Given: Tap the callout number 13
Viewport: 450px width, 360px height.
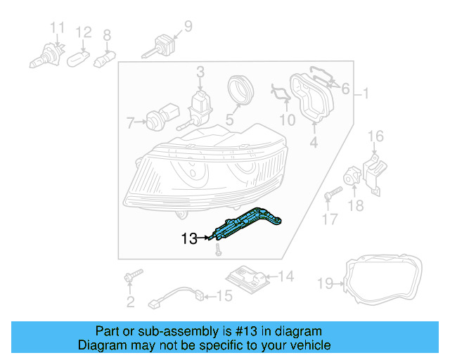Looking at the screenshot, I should point(189,238).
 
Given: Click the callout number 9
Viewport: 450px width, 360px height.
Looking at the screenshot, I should point(187,27).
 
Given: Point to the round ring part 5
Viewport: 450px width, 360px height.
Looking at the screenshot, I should point(240,91).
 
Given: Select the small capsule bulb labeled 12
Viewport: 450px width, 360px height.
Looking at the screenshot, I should point(78,58).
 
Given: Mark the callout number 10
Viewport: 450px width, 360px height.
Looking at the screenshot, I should point(287,120).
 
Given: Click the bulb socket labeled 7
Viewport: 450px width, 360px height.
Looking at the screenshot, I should point(155,122).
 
